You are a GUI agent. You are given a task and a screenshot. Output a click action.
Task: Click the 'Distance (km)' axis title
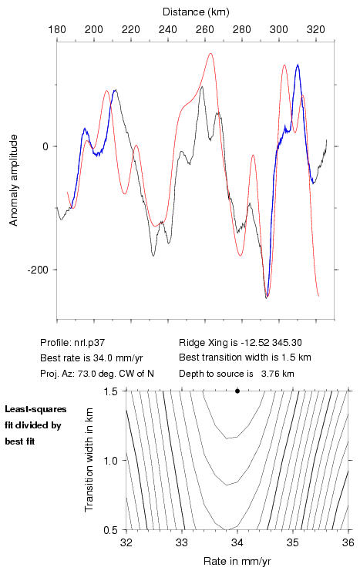tap(196, 12)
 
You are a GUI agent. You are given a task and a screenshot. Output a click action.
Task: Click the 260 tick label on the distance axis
tap(205, 29)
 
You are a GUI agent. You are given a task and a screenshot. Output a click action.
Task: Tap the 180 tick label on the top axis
tap(57, 29)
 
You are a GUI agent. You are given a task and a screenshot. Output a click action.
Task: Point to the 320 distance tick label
tap(316, 29)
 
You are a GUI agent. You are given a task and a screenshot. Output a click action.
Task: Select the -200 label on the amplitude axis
tap(38, 270)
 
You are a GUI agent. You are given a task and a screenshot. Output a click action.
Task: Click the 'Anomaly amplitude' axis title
tap(14, 180)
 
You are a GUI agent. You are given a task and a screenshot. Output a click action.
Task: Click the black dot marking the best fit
tap(237, 391)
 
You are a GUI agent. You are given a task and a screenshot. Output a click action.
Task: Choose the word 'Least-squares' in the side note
tap(35, 409)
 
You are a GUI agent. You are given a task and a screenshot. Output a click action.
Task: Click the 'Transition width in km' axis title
tap(89, 460)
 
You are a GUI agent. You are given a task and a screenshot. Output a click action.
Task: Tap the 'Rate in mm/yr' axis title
tap(237, 561)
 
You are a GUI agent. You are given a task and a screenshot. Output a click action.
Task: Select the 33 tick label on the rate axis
tap(182, 542)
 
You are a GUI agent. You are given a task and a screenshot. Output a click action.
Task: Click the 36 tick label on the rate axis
tap(348, 542)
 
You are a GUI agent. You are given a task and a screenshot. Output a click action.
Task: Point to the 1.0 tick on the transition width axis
tap(110, 461)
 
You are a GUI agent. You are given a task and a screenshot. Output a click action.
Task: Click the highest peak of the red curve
tap(210, 54)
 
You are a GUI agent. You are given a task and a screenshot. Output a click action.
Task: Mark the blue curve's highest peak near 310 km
tap(298, 65)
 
